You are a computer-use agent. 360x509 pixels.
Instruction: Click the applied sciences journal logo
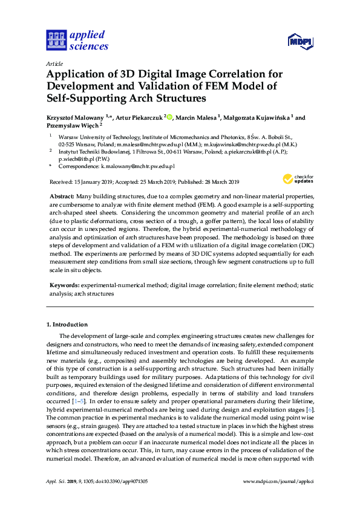tap(77, 40)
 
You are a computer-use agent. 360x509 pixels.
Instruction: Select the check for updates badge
tap(298, 179)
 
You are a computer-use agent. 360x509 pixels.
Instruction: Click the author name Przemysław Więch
tap(71, 126)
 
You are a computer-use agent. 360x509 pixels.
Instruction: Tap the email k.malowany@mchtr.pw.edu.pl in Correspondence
tap(139, 166)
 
